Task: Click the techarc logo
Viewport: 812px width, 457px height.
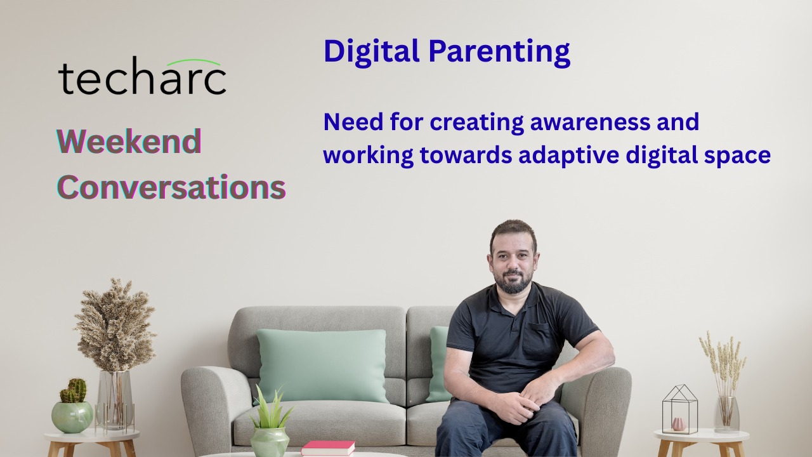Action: coord(142,77)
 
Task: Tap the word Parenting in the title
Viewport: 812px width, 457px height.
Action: coord(499,53)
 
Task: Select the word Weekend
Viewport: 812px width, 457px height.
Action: coord(129,142)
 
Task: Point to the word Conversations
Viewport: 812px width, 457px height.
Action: coord(171,187)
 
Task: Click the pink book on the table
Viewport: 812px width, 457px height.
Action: coord(328,447)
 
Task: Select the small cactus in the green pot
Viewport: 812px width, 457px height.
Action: coord(73,390)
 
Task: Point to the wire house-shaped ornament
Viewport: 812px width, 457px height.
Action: coord(679,409)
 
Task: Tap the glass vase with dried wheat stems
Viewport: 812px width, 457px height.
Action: coord(726,414)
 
